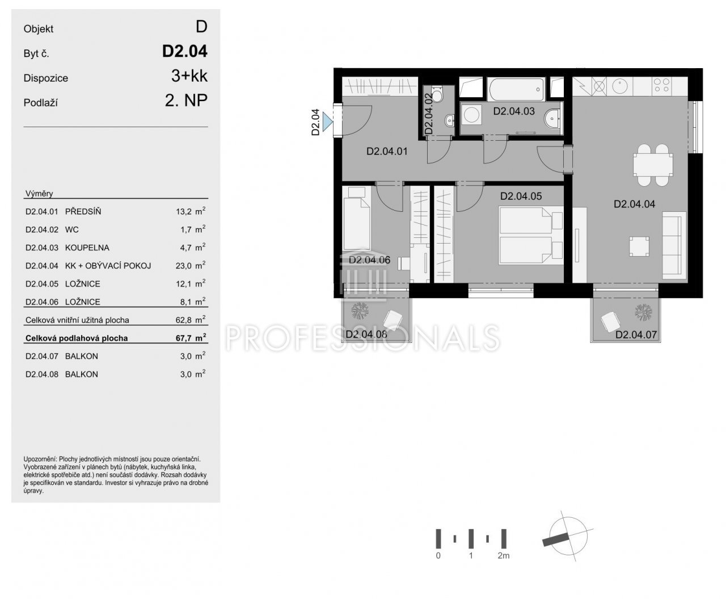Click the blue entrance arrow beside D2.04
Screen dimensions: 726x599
coord(327,122)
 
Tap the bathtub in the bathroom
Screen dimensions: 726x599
coord(516,89)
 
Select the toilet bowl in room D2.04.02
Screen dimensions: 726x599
coord(437,94)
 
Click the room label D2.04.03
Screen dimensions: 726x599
coord(513,111)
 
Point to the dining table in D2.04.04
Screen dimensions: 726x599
coord(653,165)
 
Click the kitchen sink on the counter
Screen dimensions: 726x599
coord(619,86)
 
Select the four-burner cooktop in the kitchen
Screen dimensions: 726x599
coord(661,86)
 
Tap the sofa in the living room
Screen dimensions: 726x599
coord(674,245)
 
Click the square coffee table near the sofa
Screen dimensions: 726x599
coord(639,246)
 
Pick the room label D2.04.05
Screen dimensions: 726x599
coord(521,196)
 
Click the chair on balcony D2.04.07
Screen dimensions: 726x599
coord(610,321)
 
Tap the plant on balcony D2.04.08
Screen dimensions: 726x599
coord(360,310)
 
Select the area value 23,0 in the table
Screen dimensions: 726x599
coord(183,266)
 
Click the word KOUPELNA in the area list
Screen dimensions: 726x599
coord(87,248)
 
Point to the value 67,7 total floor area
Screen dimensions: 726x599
coord(184,338)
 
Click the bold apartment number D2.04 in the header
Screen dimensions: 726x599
coord(185,51)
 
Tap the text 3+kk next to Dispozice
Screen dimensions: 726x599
coord(189,76)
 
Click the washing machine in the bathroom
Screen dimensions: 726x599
coord(471,115)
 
